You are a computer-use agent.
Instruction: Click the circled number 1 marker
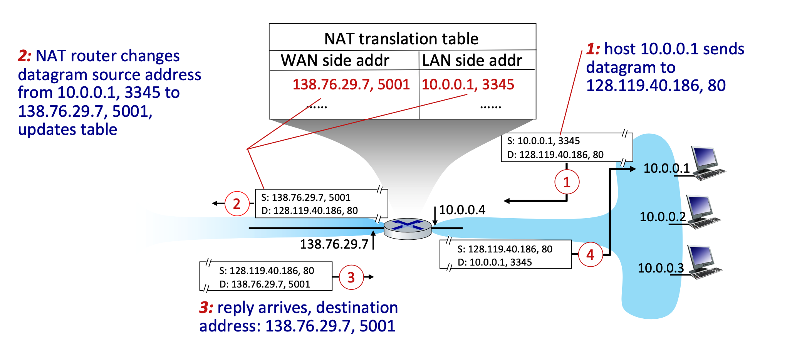pos(567,182)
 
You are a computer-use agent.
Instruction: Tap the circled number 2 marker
pos(237,204)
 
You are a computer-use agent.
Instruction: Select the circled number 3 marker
pos(351,277)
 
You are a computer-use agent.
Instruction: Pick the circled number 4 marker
pos(590,255)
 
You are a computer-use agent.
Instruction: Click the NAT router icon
pos(408,229)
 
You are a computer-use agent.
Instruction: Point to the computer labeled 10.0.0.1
pos(707,163)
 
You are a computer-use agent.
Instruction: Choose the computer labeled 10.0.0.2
pos(703,212)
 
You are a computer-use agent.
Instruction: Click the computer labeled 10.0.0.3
pos(704,262)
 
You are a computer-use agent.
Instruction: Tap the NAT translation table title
pos(401,39)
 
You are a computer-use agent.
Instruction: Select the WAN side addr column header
pos(335,61)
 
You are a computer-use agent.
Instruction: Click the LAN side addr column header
pos(472,61)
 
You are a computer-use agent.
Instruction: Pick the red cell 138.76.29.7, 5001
pos(351,84)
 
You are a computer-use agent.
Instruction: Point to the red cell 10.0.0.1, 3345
pos(468,84)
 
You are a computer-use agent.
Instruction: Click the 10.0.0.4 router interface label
pos(462,210)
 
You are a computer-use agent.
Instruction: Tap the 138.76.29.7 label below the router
pos(334,244)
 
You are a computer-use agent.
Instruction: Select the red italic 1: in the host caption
pos(593,49)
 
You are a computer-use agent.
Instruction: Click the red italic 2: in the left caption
pos(25,56)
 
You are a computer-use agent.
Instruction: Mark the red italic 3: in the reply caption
pos(206,308)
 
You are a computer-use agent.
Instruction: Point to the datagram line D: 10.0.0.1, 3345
pos(495,262)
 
